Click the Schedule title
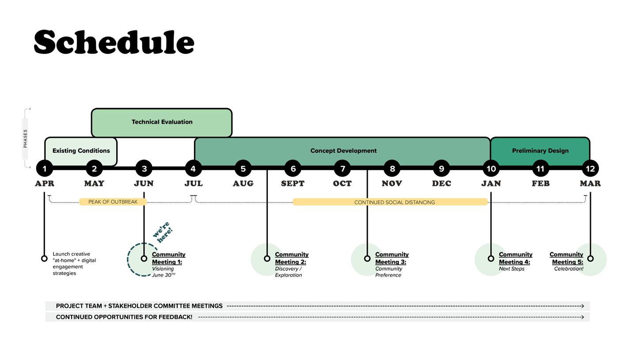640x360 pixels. point(114,42)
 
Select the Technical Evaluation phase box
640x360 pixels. point(162,122)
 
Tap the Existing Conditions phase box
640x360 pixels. point(81,151)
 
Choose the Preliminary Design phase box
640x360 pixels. point(540,151)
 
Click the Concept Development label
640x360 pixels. point(343,151)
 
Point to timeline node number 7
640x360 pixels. point(343,168)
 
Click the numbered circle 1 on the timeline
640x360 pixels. point(44,168)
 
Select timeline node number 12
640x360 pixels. point(590,168)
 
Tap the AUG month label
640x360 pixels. point(243,183)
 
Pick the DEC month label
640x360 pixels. point(442,183)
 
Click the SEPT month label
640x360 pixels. point(293,183)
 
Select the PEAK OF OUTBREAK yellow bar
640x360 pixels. point(113,202)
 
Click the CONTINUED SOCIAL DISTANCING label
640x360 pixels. point(394,202)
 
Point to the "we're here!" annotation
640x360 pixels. point(163,232)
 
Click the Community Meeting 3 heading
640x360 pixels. point(392,258)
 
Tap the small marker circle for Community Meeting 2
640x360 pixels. point(267,258)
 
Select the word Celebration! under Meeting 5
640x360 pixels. point(568,269)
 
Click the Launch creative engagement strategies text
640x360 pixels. point(74,264)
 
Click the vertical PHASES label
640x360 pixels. point(25,138)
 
